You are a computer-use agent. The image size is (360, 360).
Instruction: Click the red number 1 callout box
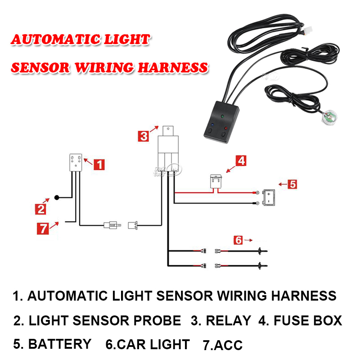tap(99, 165)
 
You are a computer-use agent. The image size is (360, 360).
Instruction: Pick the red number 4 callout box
tap(242, 160)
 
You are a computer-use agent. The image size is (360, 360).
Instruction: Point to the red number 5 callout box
tap(292, 184)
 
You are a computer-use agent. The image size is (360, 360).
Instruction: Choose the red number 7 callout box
tap(42, 228)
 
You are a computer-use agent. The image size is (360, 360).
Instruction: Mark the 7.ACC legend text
tap(222, 346)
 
